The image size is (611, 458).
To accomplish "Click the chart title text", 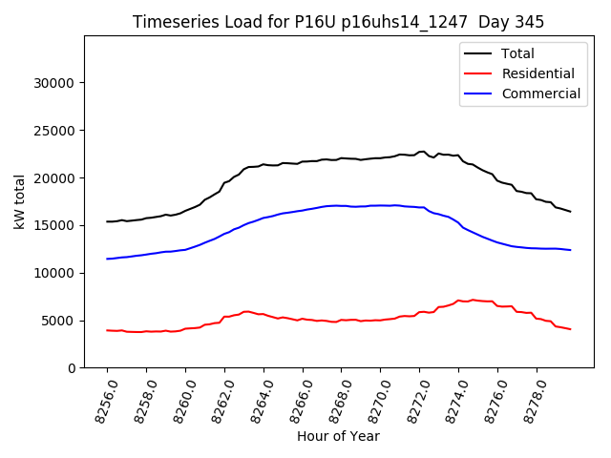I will point(337,22).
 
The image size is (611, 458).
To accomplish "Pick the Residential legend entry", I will point(537,73).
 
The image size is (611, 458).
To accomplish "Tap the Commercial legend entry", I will point(540,94).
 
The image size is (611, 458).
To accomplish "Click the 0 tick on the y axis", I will point(72,368).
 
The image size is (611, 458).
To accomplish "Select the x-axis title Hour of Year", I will point(338,436).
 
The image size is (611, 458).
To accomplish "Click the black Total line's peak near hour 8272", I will point(423,151).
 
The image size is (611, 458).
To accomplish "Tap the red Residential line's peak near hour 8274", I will point(472,300).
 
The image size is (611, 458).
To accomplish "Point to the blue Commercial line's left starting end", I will point(108,259).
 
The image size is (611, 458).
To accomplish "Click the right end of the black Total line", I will point(570,211).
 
